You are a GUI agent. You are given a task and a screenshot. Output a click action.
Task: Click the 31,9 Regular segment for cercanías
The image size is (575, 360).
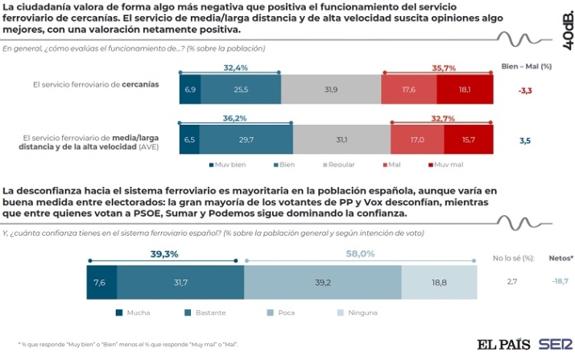pyautogui.click(x=330, y=89)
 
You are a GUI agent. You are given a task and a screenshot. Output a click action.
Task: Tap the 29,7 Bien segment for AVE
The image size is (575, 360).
pyautogui.click(x=246, y=139)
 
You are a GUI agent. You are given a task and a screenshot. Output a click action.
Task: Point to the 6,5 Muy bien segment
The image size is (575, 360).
pyautogui.click(x=189, y=139)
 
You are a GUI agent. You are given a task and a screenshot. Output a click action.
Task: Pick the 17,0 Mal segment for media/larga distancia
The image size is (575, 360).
pyautogui.click(x=416, y=139)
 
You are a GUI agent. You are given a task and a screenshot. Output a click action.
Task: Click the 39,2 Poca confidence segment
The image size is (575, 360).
pyautogui.click(x=322, y=282)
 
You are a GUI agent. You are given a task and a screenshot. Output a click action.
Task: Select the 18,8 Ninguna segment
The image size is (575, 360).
pyautogui.click(x=439, y=282)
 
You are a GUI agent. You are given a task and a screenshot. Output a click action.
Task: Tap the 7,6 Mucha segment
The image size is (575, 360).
pyautogui.click(x=101, y=282)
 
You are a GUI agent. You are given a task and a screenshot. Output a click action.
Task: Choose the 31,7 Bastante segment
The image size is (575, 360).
pyautogui.click(x=180, y=282)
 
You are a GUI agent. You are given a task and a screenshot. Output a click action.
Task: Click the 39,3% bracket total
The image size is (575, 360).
pyautogui.click(x=164, y=254)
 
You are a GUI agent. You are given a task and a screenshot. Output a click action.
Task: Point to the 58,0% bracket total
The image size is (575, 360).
pyautogui.click(x=360, y=254)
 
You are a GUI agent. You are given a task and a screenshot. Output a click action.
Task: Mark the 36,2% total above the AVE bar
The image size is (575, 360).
pyautogui.click(x=235, y=118)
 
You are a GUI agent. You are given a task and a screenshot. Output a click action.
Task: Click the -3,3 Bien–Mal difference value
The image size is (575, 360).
pyautogui.click(x=524, y=90)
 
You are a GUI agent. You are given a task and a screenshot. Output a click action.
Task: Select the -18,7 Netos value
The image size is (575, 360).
pyautogui.click(x=560, y=282)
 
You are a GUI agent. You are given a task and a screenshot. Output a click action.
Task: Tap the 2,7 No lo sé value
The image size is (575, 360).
pyautogui.click(x=512, y=282)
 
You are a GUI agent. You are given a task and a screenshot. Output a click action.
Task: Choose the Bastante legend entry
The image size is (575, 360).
pyautogui.click(x=209, y=312)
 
